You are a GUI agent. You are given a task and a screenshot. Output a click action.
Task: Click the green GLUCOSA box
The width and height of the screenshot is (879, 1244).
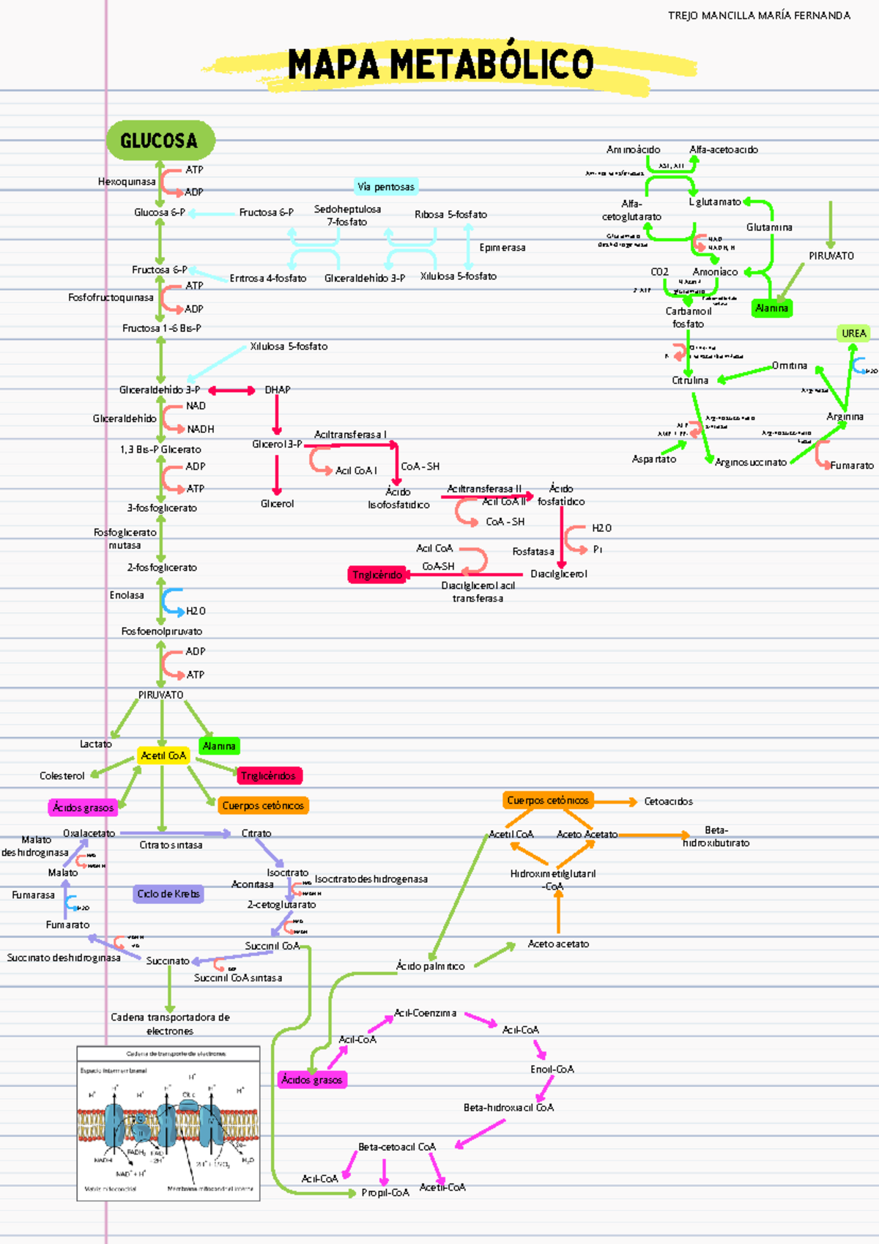pyautogui.click(x=160, y=140)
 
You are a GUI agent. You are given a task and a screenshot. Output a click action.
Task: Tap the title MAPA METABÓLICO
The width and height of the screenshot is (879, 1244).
pyautogui.click(x=440, y=64)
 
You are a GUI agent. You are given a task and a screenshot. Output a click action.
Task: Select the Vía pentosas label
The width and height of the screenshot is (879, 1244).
pyautogui.click(x=385, y=187)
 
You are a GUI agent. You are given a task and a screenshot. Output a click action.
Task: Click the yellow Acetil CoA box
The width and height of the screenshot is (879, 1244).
pyautogui.click(x=163, y=755)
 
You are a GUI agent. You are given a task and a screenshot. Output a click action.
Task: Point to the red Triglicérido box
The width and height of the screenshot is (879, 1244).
pyautogui.click(x=377, y=574)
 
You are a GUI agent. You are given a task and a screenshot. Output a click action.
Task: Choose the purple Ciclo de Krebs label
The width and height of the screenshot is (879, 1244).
pyautogui.click(x=168, y=894)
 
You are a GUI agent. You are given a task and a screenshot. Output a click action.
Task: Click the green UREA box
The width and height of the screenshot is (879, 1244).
pyautogui.click(x=853, y=333)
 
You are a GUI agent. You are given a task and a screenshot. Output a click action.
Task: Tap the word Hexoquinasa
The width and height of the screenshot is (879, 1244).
pyautogui.click(x=127, y=182)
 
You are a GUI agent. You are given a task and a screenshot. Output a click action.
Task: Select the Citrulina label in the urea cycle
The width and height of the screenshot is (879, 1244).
pyautogui.click(x=690, y=380)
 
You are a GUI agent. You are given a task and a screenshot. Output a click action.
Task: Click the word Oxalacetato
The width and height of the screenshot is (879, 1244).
pyautogui.click(x=89, y=833)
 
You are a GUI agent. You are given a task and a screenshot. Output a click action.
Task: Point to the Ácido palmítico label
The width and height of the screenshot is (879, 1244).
pyautogui.click(x=430, y=966)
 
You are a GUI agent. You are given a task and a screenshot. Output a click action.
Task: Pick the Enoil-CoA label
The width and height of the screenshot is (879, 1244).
pyautogui.click(x=552, y=1069)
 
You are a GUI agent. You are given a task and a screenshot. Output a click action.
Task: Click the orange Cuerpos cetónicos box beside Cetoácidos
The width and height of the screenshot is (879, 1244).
pyautogui.click(x=547, y=801)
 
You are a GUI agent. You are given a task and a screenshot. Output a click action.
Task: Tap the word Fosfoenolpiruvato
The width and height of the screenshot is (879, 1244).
pyautogui.click(x=162, y=631)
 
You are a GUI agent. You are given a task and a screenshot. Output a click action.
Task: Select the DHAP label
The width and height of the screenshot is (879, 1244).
pyautogui.click(x=278, y=390)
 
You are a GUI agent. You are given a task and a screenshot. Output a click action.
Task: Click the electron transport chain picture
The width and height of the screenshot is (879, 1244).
pyautogui.click(x=168, y=1123)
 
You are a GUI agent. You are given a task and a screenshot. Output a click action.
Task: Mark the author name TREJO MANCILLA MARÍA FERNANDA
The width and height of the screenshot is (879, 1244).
pyautogui.click(x=759, y=15)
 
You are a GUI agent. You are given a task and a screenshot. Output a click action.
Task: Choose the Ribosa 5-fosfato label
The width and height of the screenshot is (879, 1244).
pyautogui.click(x=450, y=215)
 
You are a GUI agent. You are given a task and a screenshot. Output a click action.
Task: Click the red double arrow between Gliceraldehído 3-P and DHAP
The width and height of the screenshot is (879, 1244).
pyautogui.click(x=231, y=390)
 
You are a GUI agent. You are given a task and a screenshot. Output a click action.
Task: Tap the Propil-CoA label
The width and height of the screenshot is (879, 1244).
pyautogui.click(x=385, y=1193)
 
